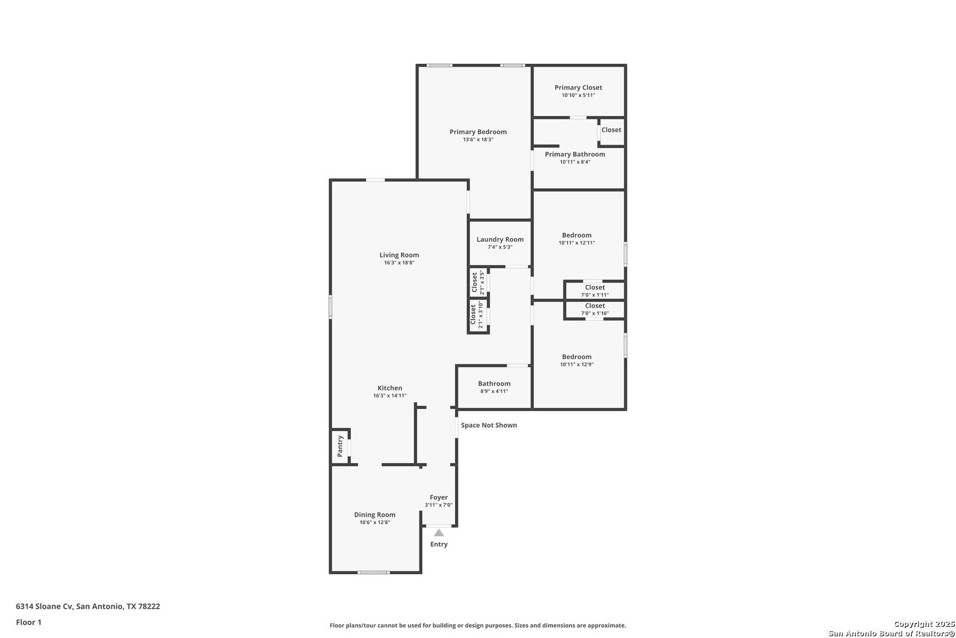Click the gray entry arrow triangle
[x=438, y=533]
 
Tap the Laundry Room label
[x=500, y=239]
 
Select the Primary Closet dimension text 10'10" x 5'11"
[x=578, y=95]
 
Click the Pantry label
[x=340, y=446]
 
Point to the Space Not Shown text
[x=489, y=425]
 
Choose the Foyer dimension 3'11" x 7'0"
[x=438, y=505]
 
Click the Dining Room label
[x=375, y=515]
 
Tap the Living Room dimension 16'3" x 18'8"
[x=399, y=263]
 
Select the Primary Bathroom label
[x=575, y=154]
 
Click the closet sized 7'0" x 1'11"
[x=595, y=291]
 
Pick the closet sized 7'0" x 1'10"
[x=595, y=309]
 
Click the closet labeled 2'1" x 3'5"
[x=479, y=282]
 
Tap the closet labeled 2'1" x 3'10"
[x=478, y=315]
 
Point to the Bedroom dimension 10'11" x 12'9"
[x=577, y=364]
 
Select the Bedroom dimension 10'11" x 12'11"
[x=577, y=243]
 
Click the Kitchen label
[x=389, y=388]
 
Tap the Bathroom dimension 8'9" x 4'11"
[x=494, y=392]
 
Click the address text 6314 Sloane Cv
[x=44, y=606]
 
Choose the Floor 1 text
[x=28, y=623]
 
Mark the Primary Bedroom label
[x=478, y=132]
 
